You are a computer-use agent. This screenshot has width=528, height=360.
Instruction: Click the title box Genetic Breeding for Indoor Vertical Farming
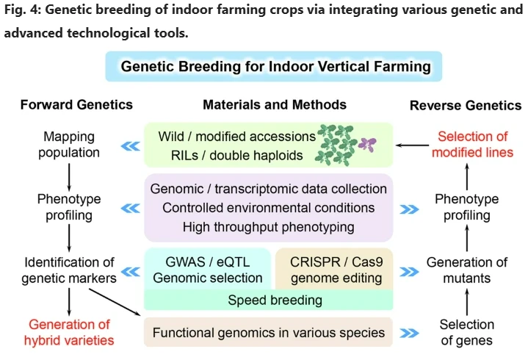[275, 67]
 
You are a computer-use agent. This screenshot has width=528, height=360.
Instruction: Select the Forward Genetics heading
[76, 104]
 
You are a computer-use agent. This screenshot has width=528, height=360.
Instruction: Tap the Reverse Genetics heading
[466, 105]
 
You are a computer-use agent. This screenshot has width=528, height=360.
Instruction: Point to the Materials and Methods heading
[275, 104]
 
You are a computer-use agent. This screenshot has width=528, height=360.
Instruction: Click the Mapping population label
[70, 145]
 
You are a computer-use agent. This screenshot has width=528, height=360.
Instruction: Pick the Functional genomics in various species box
[268, 333]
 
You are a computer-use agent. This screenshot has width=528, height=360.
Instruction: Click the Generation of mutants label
[467, 270]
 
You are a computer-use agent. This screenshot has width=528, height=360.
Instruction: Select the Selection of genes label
[467, 332]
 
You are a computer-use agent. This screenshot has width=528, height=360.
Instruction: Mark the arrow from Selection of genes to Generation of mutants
[467, 302]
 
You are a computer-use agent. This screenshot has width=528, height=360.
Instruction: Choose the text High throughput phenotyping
[268, 227]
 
